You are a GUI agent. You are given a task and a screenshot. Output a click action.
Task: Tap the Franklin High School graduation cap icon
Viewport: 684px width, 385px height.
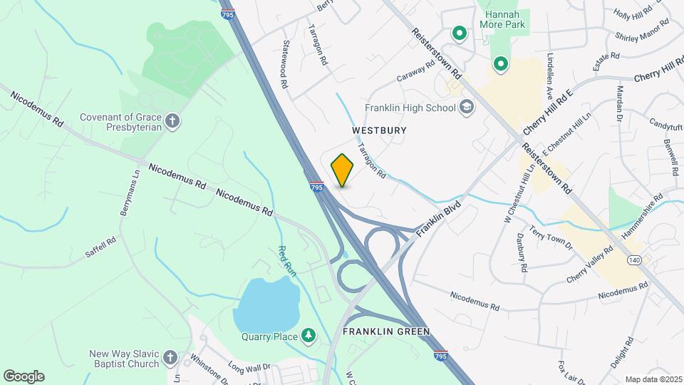(x=467, y=108)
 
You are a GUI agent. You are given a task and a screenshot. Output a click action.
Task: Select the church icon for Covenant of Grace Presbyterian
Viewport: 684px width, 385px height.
(x=172, y=122)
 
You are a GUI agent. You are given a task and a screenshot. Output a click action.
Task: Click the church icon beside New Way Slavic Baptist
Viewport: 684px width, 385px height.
(x=170, y=357)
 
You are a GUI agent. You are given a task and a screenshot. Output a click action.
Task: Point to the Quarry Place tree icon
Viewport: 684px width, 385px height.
(x=308, y=334)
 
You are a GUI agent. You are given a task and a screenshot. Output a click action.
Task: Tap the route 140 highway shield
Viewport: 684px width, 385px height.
(x=633, y=261)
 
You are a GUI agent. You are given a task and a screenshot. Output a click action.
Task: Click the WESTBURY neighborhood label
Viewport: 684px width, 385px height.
(x=379, y=130)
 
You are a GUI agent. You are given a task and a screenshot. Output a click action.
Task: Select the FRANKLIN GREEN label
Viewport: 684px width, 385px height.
(x=386, y=332)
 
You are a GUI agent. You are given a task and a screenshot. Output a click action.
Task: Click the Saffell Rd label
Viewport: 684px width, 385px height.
(x=100, y=246)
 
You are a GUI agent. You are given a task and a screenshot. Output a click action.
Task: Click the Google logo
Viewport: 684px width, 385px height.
(x=24, y=376)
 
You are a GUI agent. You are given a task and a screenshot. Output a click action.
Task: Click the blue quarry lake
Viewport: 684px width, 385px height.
(x=266, y=304)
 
